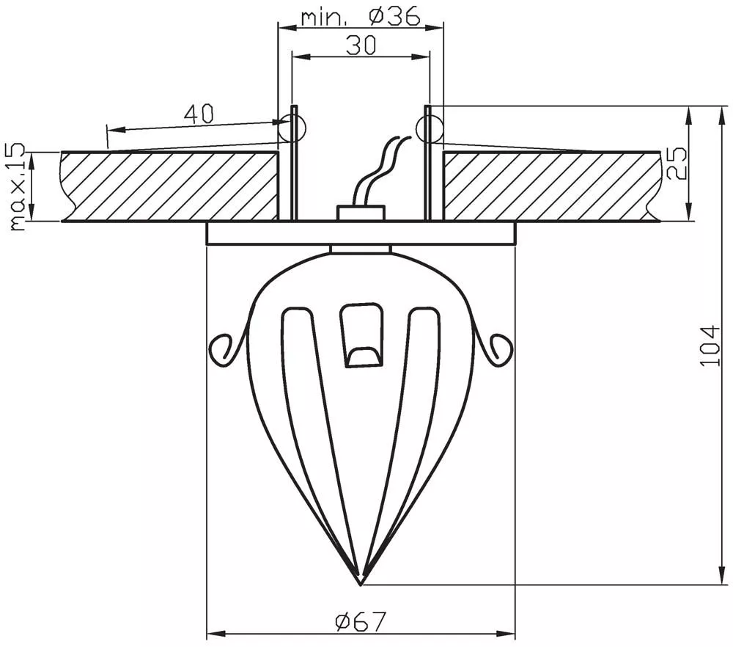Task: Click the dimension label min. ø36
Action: coord(361,18)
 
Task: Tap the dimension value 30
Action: coord(361,45)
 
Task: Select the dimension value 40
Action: coord(199,114)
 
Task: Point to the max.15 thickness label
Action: coord(17,187)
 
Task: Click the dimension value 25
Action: coord(676,164)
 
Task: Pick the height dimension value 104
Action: coord(711,346)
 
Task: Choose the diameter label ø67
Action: coord(361,621)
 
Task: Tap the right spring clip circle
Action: coord(428,128)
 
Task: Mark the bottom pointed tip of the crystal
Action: coord(361,585)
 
